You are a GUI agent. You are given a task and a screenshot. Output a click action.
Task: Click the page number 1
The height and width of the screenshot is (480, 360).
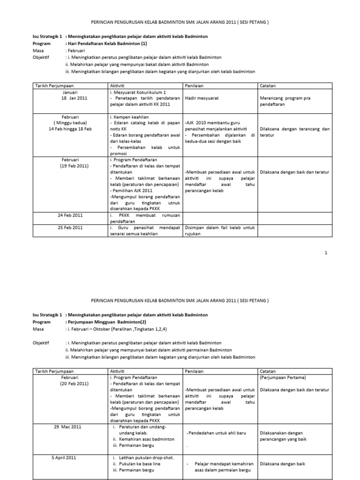(325, 253)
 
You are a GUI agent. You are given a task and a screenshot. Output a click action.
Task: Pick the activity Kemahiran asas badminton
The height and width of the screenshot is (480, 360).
(147, 439)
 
